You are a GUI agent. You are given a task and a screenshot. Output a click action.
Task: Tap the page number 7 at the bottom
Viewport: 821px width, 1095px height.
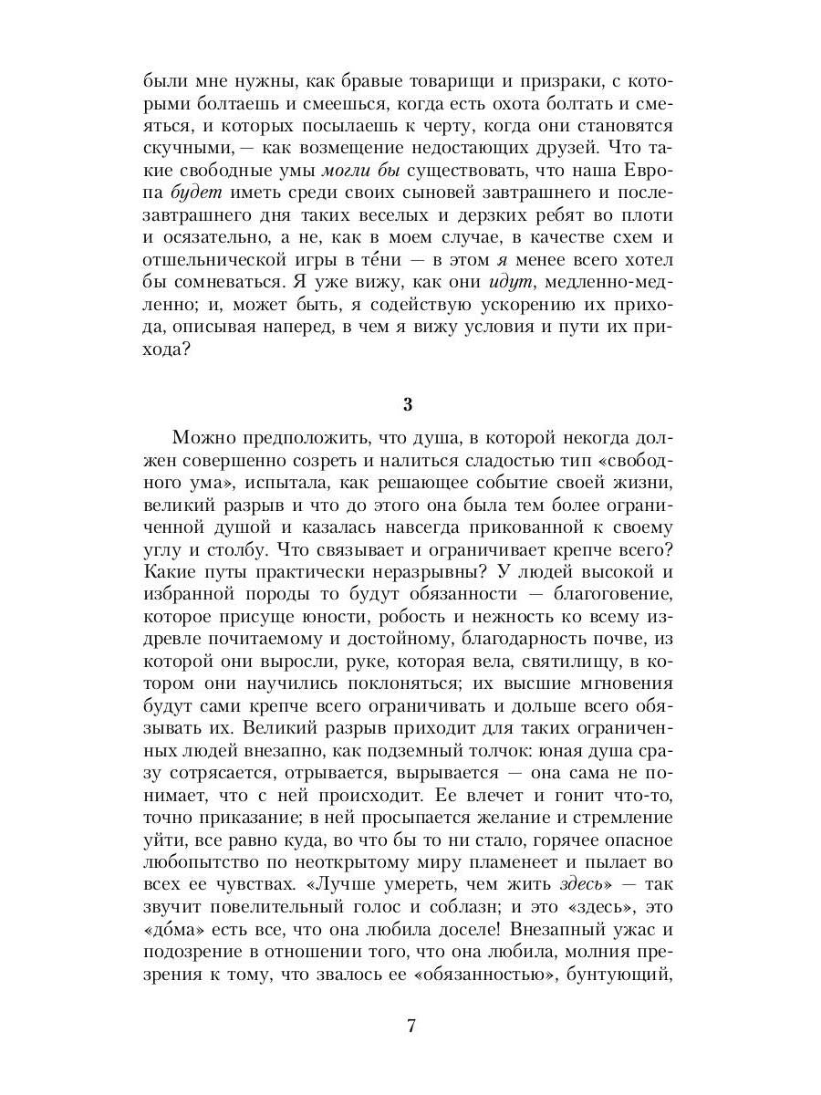(x=410, y=1026)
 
